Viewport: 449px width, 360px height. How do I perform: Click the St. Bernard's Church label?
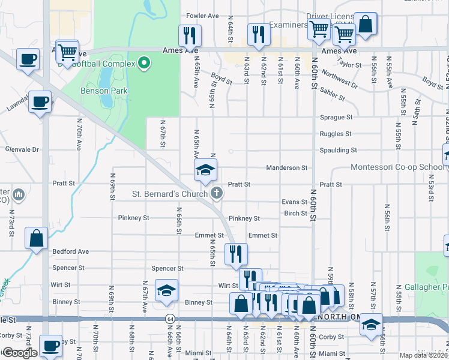[170, 193]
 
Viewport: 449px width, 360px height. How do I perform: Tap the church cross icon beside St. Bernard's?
[217, 193]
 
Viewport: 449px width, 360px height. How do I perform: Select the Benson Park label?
[100, 91]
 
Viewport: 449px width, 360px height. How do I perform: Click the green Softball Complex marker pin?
[144, 62]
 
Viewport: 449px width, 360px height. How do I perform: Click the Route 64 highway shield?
[171, 319]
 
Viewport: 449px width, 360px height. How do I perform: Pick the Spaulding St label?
[338, 150]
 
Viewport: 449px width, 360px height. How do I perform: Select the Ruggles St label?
[336, 134]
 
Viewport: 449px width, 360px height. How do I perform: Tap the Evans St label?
[295, 202]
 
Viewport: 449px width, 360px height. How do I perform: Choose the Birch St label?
[296, 213]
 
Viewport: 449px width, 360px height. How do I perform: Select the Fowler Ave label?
[202, 16]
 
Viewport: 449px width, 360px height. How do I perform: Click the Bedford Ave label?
[71, 251]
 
